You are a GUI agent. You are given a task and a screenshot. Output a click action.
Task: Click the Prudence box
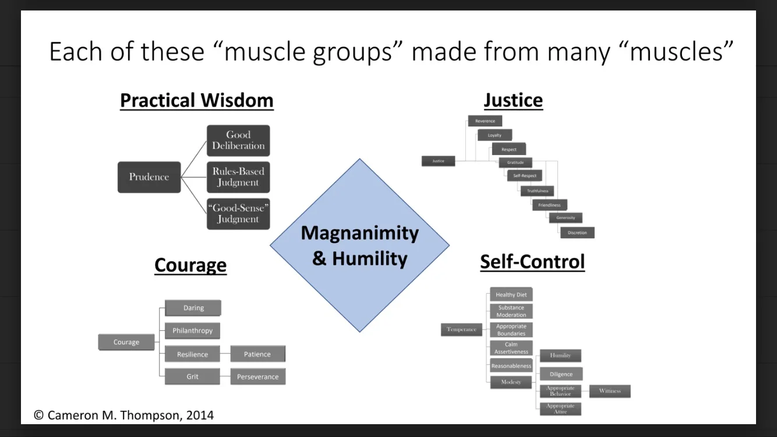(x=149, y=177)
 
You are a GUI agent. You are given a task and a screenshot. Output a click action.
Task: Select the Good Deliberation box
(x=238, y=140)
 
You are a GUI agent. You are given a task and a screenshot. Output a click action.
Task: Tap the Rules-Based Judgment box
(x=238, y=177)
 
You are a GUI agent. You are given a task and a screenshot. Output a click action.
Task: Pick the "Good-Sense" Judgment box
(x=238, y=214)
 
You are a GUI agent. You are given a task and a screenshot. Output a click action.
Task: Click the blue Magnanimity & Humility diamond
(x=359, y=245)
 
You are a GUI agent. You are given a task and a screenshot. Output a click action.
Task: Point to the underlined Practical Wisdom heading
(x=196, y=101)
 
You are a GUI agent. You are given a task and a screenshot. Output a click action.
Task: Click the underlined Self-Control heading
(x=532, y=262)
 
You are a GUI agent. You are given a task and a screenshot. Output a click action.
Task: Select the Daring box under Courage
(x=193, y=308)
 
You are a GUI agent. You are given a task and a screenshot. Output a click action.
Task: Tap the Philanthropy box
(x=192, y=331)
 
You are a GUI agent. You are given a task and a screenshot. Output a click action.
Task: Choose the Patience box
(x=257, y=354)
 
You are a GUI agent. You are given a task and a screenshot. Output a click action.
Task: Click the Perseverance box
(x=257, y=377)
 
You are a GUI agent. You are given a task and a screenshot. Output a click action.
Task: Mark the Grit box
(x=192, y=377)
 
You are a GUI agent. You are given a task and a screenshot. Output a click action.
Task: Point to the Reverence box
(x=485, y=121)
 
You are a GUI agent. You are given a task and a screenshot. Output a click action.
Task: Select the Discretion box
(x=577, y=232)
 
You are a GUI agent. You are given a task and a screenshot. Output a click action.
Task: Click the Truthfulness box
(x=537, y=191)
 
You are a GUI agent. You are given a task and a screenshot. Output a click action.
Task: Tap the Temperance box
(x=461, y=330)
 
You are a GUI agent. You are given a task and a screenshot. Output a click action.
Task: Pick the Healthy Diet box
(x=511, y=295)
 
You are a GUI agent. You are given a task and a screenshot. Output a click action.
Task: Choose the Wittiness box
(x=609, y=391)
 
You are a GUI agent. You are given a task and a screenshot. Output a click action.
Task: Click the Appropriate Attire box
(x=560, y=409)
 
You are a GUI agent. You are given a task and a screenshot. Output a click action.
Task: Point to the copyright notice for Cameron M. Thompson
(x=123, y=415)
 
